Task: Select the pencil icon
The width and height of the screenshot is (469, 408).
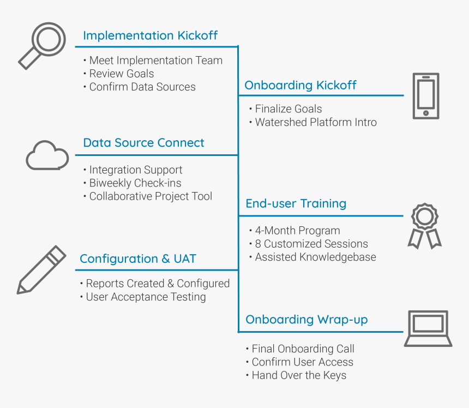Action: [41, 270]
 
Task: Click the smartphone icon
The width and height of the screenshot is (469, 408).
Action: [425, 96]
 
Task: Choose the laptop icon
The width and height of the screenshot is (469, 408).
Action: [428, 328]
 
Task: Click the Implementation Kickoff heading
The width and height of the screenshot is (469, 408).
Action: [150, 36]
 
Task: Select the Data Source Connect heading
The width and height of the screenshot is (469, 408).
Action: [143, 143]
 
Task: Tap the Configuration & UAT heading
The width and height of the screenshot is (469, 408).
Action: [138, 259]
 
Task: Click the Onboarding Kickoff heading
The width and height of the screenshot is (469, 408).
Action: [300, 85]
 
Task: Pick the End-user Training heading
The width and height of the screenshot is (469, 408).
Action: [296, 203]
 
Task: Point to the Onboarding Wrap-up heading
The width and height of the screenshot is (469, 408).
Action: [306, 320]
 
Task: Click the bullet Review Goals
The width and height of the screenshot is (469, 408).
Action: [121, 74]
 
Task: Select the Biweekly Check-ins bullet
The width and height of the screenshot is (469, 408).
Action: [135, 183]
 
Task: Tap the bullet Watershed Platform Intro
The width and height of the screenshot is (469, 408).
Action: [316, 122]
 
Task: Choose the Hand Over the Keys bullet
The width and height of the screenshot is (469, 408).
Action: [298, 375]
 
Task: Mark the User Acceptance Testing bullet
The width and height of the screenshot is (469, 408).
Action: [146, 297]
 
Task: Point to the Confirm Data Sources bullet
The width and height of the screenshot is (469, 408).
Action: [142, 87]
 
